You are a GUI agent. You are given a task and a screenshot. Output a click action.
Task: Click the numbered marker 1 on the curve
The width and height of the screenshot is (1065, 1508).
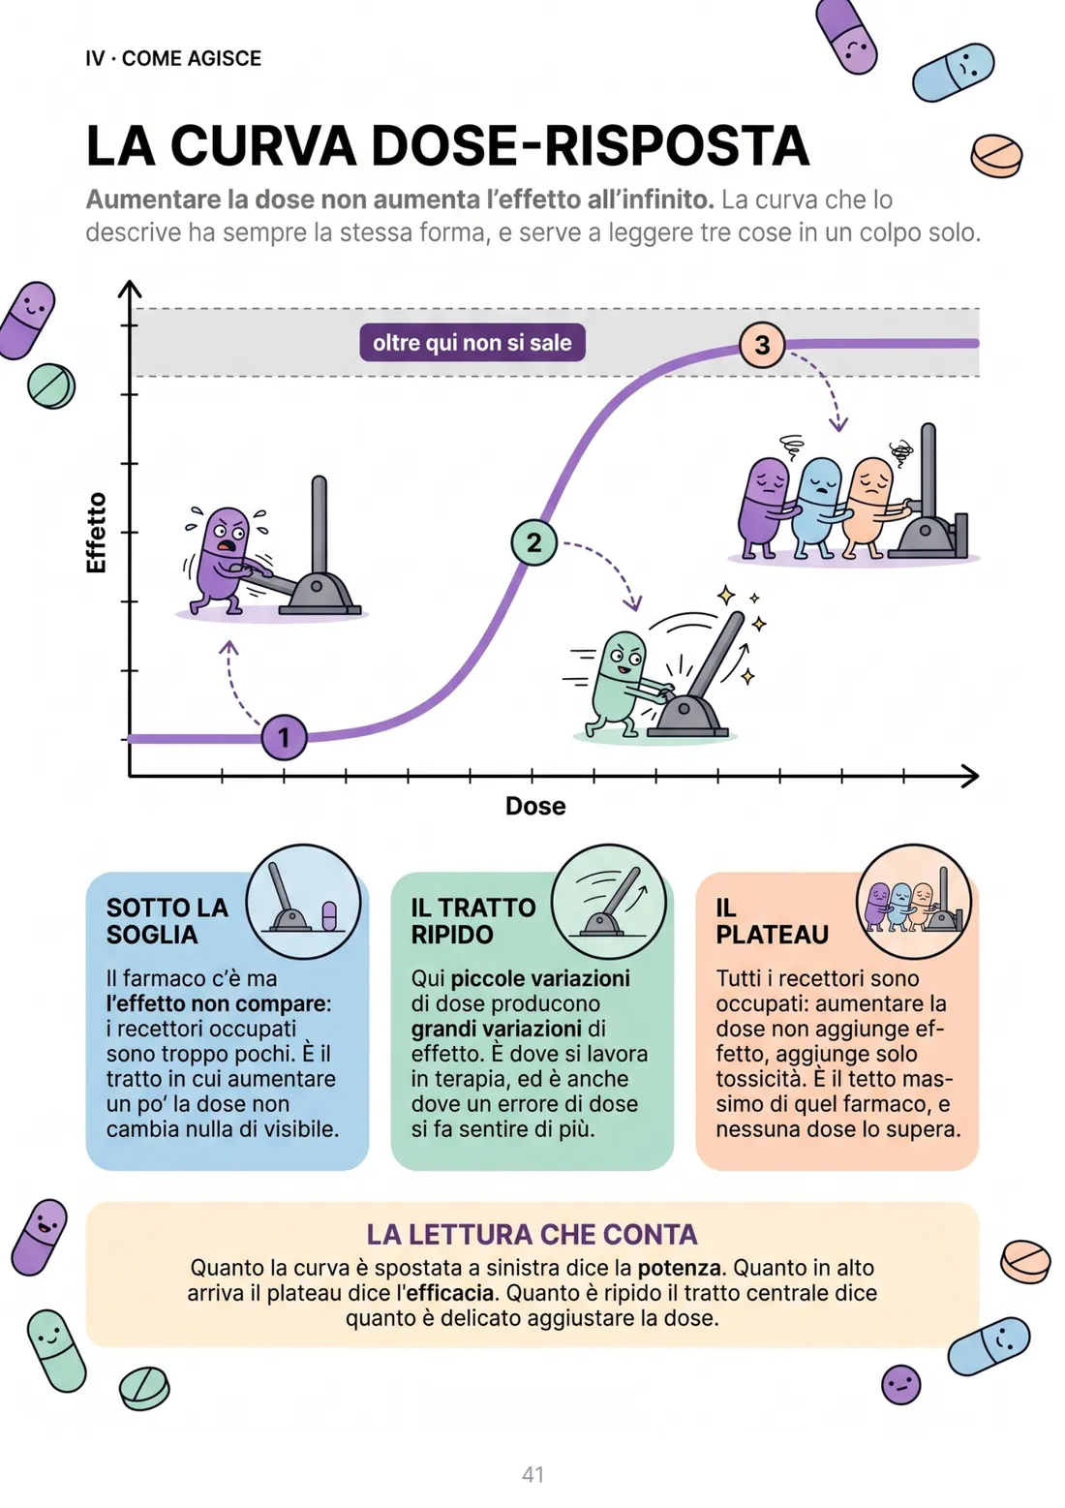point(284,737)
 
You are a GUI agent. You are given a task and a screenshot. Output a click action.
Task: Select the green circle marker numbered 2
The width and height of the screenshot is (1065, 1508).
point(533,542)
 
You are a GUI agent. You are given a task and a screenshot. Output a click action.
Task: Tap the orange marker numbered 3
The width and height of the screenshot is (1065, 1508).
point(762,345)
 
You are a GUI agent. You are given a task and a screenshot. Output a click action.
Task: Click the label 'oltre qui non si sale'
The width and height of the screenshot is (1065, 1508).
point(472,343)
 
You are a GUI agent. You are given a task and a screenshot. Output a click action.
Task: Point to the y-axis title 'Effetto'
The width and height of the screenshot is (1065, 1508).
point(97,533)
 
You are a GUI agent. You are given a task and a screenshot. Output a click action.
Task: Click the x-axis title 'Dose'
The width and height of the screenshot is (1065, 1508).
point(535,806)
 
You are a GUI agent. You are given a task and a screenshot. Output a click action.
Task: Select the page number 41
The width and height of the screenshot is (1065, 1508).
point(532,1474)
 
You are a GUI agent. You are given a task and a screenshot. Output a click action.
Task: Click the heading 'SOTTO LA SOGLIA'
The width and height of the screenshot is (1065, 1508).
point(167,921)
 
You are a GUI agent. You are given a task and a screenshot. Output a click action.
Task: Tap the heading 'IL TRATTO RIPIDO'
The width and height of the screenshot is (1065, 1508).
point(473,921)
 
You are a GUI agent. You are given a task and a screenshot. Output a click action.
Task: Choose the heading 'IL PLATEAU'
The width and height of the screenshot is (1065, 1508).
point(772,921)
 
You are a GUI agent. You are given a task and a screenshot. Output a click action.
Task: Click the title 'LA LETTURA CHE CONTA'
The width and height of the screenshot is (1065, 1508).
point(532,1234)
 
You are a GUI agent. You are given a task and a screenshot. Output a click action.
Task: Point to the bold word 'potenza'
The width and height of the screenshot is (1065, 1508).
point(679,1268)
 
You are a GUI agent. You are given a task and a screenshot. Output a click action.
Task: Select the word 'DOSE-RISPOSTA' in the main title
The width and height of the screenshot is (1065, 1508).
point(590,144)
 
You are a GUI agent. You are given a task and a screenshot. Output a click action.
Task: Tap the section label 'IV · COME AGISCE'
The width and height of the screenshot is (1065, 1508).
point(173,58)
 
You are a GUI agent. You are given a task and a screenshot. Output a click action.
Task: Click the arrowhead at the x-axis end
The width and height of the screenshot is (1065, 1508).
point(969,776)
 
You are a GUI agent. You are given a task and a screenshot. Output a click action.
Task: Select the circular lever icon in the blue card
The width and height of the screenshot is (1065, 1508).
point(303,902)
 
